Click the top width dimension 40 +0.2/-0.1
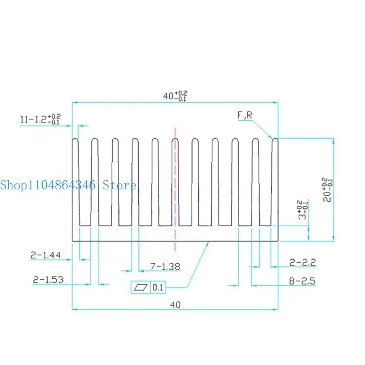pyautogui.click(x=175, y=96)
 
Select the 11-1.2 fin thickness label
pyautogui.click(x=40, y=119)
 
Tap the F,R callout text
pyautogui.click(x=245, y=115)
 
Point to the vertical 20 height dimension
pyautogui.click(x=327, y=189)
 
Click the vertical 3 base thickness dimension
pyautogui.click(x=303, y=209)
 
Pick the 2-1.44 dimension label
pyautogui.click(x=46, y=255)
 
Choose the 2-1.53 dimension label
pyautogui.click(x=48, y=280)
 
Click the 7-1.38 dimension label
pyautogui.click(x=165, y=266)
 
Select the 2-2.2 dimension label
pyautogui.click(x=302, y=263)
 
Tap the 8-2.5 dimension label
pyautogui.click(x=302, y=281)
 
